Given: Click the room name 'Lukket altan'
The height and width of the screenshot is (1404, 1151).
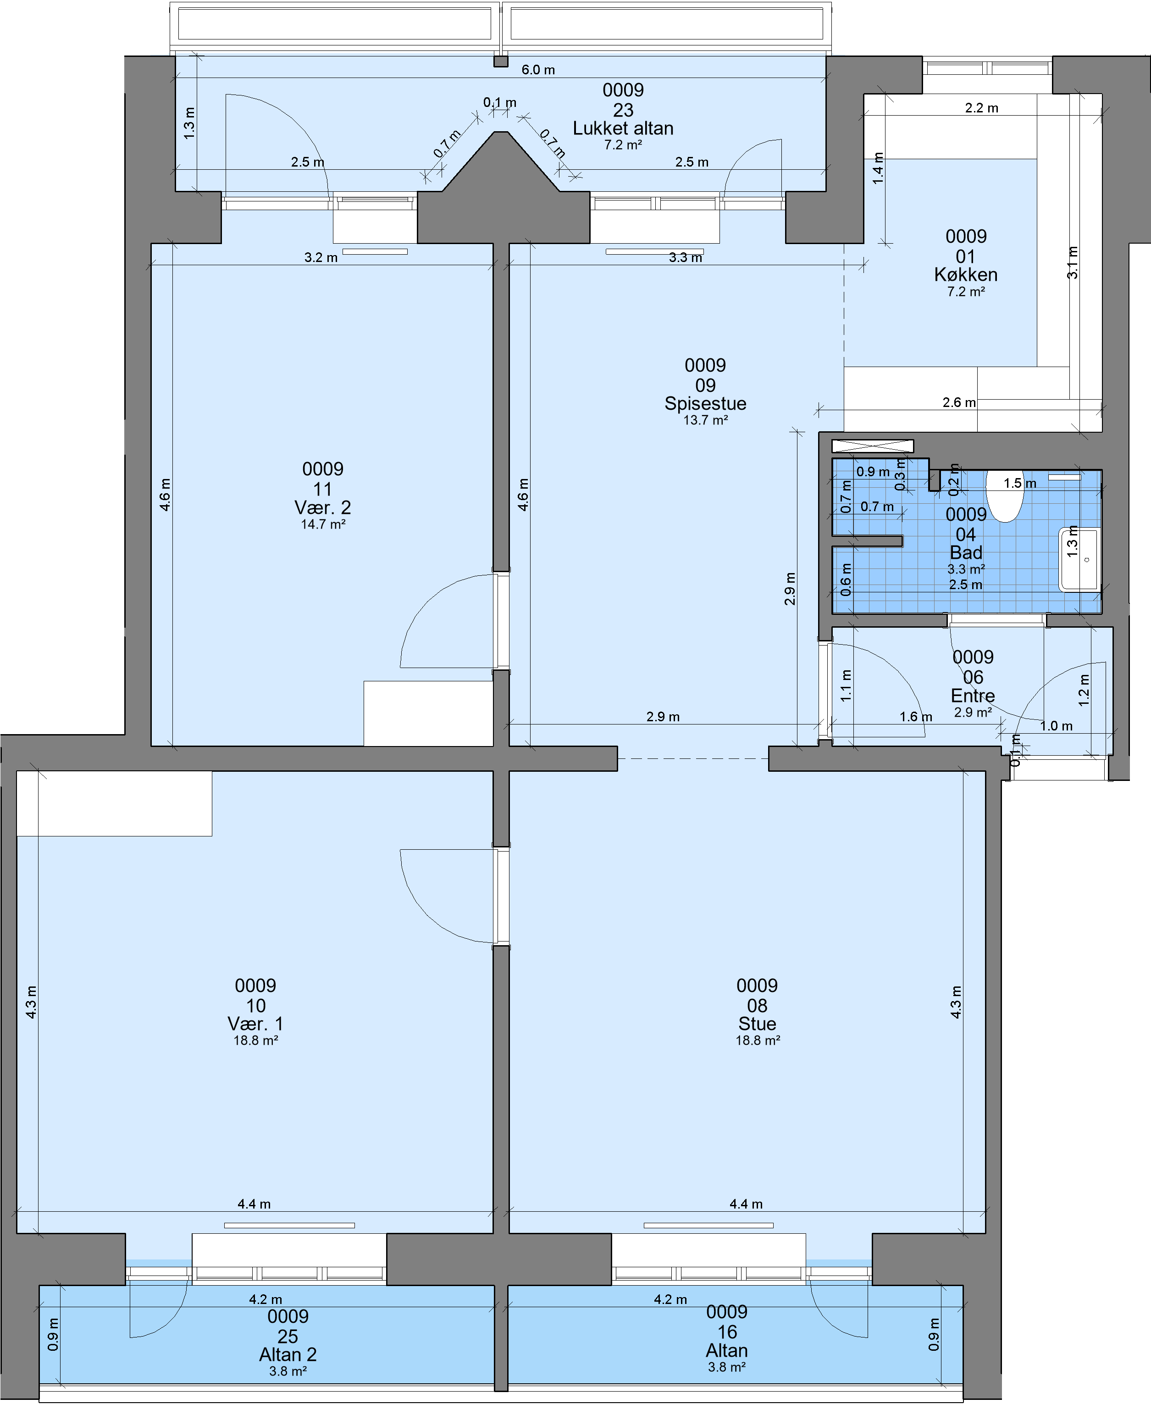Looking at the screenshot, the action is [623, 128].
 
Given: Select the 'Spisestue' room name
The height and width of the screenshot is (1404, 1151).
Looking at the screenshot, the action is [705, 403].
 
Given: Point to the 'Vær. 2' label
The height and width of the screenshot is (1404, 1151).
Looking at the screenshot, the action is [322, 507].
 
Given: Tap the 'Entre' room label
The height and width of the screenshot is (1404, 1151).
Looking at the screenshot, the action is [973, 696].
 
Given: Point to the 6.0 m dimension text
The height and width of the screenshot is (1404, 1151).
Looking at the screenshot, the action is [538, 70].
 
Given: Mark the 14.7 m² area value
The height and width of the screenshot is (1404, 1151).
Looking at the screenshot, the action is [323, 524].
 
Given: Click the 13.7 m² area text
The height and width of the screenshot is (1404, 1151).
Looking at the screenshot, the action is [705, 420].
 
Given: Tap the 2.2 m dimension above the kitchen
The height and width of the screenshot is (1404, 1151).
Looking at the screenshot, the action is [981, 107].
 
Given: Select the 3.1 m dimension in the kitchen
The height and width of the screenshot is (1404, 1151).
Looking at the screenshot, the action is [1072, 262].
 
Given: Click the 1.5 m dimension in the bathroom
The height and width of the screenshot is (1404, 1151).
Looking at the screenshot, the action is [1020, 483].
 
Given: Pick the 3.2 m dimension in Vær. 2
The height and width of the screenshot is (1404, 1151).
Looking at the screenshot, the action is [321, 257].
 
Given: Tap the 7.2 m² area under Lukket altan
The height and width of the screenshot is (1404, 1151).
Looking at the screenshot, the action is [623, 145].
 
